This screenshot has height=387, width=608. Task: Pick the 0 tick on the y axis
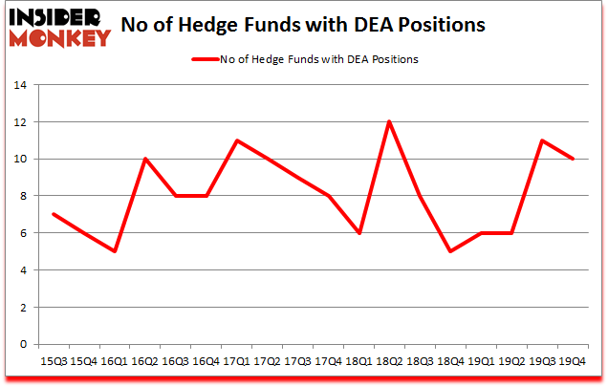tap(23, 345)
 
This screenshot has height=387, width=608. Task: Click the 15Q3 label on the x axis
tap(54, 360)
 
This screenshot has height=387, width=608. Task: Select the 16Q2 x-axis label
tap(145, 360)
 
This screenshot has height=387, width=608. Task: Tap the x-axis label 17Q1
tap(236, 360)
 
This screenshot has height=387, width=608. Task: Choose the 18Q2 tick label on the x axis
tap(388, 360)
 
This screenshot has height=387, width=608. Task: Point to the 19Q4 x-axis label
tap(572, 360)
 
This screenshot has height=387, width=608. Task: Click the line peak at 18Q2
tap(388, 121)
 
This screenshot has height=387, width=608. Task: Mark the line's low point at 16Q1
tap(115, 251)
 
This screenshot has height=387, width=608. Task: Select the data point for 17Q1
tap(236, 140)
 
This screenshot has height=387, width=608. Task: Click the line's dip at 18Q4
tap(449, 251)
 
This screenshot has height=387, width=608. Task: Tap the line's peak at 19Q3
tap(541, 140)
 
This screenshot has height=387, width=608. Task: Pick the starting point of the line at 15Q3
tap(54, 214)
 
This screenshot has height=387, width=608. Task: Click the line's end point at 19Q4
tap(572, 159)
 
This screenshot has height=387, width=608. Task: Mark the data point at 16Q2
tap(145, 159)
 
